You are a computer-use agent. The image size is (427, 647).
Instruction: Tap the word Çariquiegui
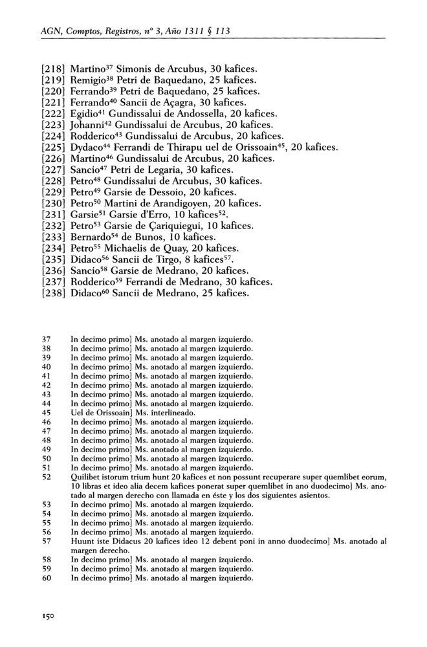point(182,226)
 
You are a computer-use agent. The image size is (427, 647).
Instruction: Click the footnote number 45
point(46,412)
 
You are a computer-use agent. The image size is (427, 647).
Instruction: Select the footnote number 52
point(46,476)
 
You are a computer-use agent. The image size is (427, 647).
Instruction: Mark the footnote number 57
point(46,540)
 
